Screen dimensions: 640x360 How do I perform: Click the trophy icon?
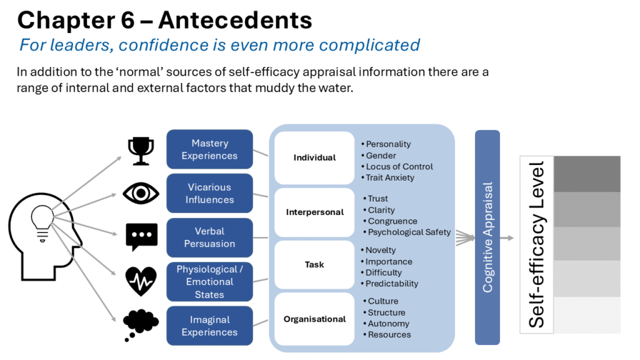[x=141, y=151]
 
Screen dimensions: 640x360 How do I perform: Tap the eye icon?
[x=141, y=193]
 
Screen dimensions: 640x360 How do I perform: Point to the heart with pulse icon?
[x=141, y=281]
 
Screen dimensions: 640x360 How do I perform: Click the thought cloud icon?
[x=141, y=324]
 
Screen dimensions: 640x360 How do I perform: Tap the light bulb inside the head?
[x=42, y=223]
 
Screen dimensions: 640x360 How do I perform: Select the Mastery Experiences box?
[x=209, y=149]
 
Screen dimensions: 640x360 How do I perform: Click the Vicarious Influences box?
[x=209, y=194]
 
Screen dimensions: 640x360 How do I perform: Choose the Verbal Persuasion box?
[x=209, y=237]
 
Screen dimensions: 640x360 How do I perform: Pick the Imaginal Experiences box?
[x=209, y=326]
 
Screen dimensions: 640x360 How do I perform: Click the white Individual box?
[x=314, y=157]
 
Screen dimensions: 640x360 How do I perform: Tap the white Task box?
[x=314, y=264]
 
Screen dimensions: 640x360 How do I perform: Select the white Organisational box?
[x=314, y=319]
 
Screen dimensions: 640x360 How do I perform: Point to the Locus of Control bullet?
[x=397, y=166]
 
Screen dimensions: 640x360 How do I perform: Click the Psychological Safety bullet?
[x=407, y=232]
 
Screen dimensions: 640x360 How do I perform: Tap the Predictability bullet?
[x=389, y=284]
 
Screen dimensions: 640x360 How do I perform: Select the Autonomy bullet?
[x=386, y=324]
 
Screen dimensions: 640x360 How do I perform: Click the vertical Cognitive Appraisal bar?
[x=487, y=237]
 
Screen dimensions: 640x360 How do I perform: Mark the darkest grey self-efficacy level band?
[x=587, y=174]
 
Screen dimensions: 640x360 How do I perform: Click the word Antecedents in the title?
[x=236, y=20]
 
